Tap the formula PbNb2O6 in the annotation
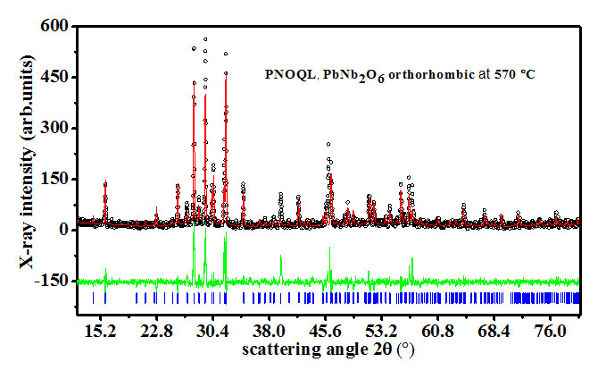(x=351, y=74)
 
